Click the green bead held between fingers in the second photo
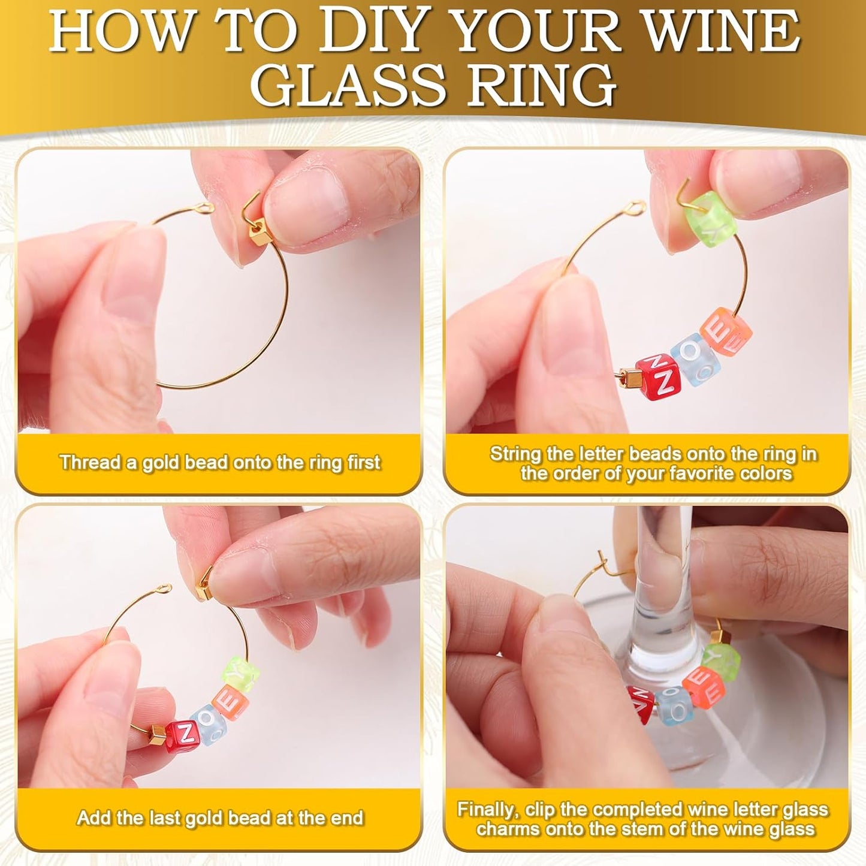click(x=715, y=215)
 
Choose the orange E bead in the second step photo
click(x=726, y=333)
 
